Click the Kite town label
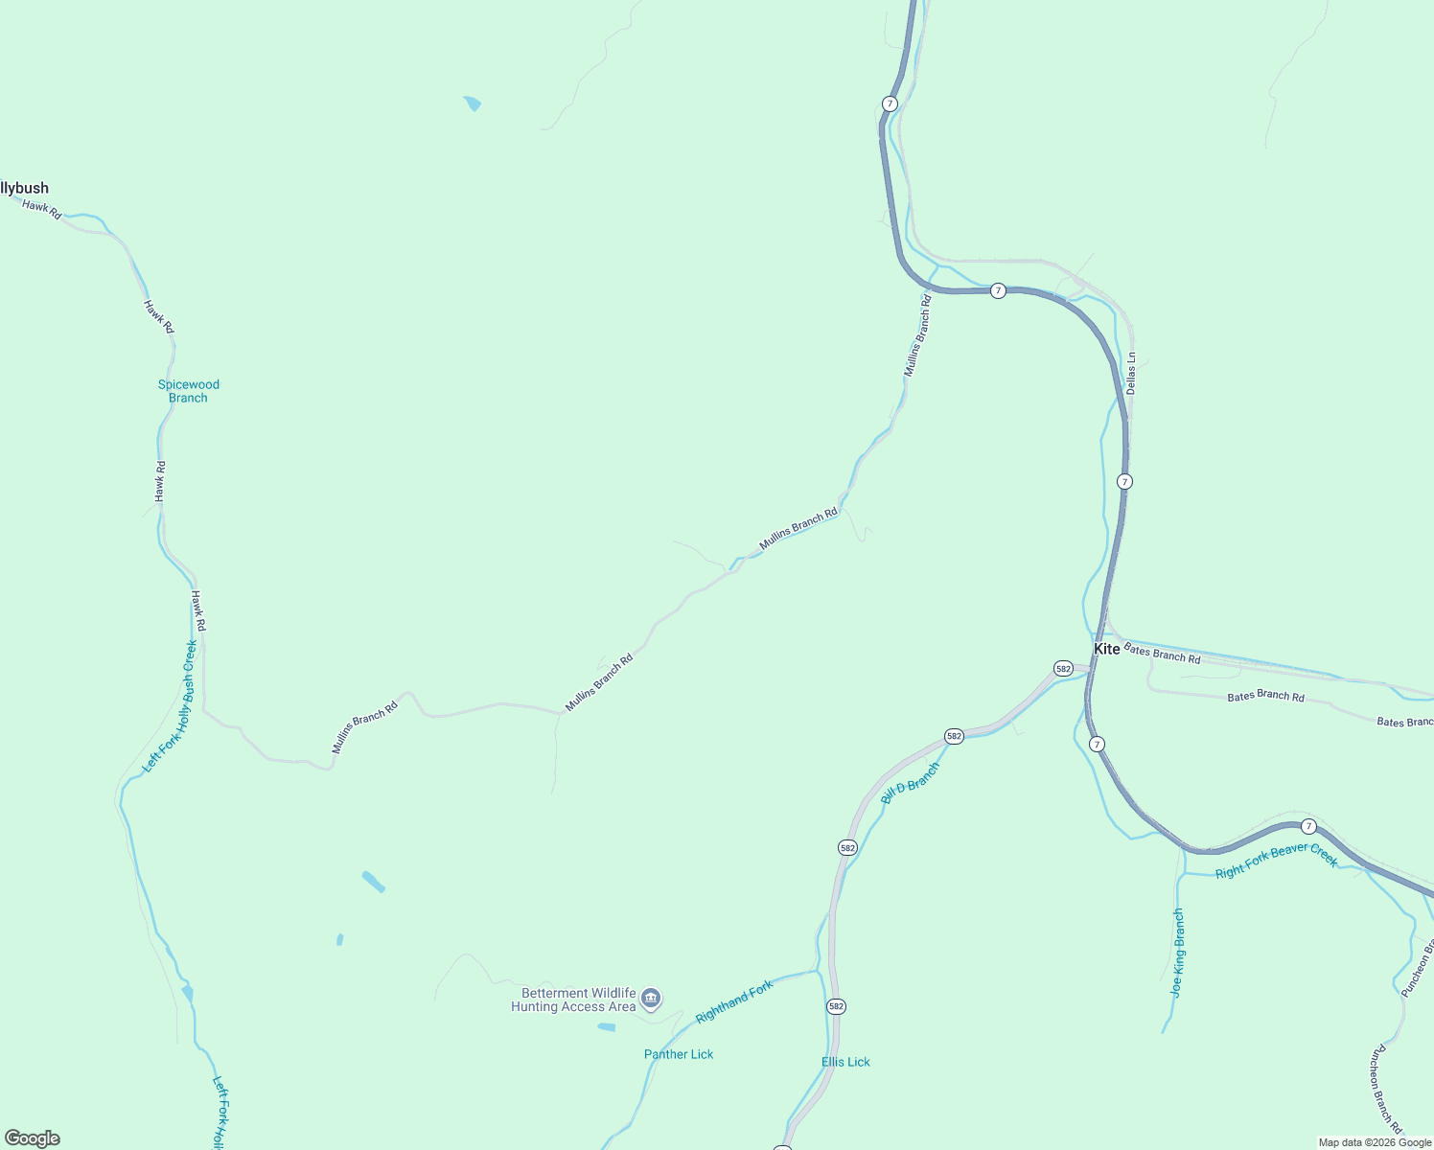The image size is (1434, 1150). tap(1107, 649)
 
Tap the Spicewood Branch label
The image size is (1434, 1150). tap(189, 391)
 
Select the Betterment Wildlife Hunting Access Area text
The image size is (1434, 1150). tap(573, 1000)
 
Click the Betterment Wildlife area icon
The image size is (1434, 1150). tap(651, 1000)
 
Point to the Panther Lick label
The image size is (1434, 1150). tap(679, 1054)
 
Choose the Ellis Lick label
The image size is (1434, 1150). tap(845, 1062)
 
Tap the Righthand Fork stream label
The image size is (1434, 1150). tap(734, 1001)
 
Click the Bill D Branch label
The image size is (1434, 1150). tap(910, 783)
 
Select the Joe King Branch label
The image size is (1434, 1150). tap(1178, 953)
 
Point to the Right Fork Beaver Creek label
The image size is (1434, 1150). tap(1276, 860)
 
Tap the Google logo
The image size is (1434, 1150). tap(33, 1138)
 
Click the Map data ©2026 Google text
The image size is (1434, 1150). tap(1375, 1142)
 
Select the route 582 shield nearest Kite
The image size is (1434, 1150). tap(1063, 668)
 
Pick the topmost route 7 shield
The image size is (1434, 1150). tap(890, 103)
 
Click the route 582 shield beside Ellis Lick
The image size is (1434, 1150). tap(836, 1006)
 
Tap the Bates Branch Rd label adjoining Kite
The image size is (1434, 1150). tap(1162, 655)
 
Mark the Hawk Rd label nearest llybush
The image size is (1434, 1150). tap(42, 210)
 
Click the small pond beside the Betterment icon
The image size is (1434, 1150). tap(606, 1027)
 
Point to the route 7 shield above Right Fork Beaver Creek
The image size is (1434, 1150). tap(1308, 826)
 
